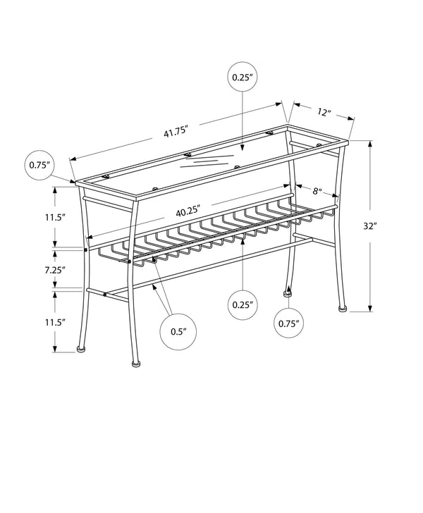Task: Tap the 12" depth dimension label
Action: pyautogui.click(x=324, y=113)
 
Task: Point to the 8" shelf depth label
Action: pyautogui.click(x=318, y=190)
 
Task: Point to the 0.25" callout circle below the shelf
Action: pyautogui.click(x=243, y=305)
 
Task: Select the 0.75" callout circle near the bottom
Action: pyautogui.click(x=289, y=323)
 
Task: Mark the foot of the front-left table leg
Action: pyautogui.click(x=136, y=364)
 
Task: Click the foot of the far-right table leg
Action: pyautogui.click(x=342, y=307)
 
